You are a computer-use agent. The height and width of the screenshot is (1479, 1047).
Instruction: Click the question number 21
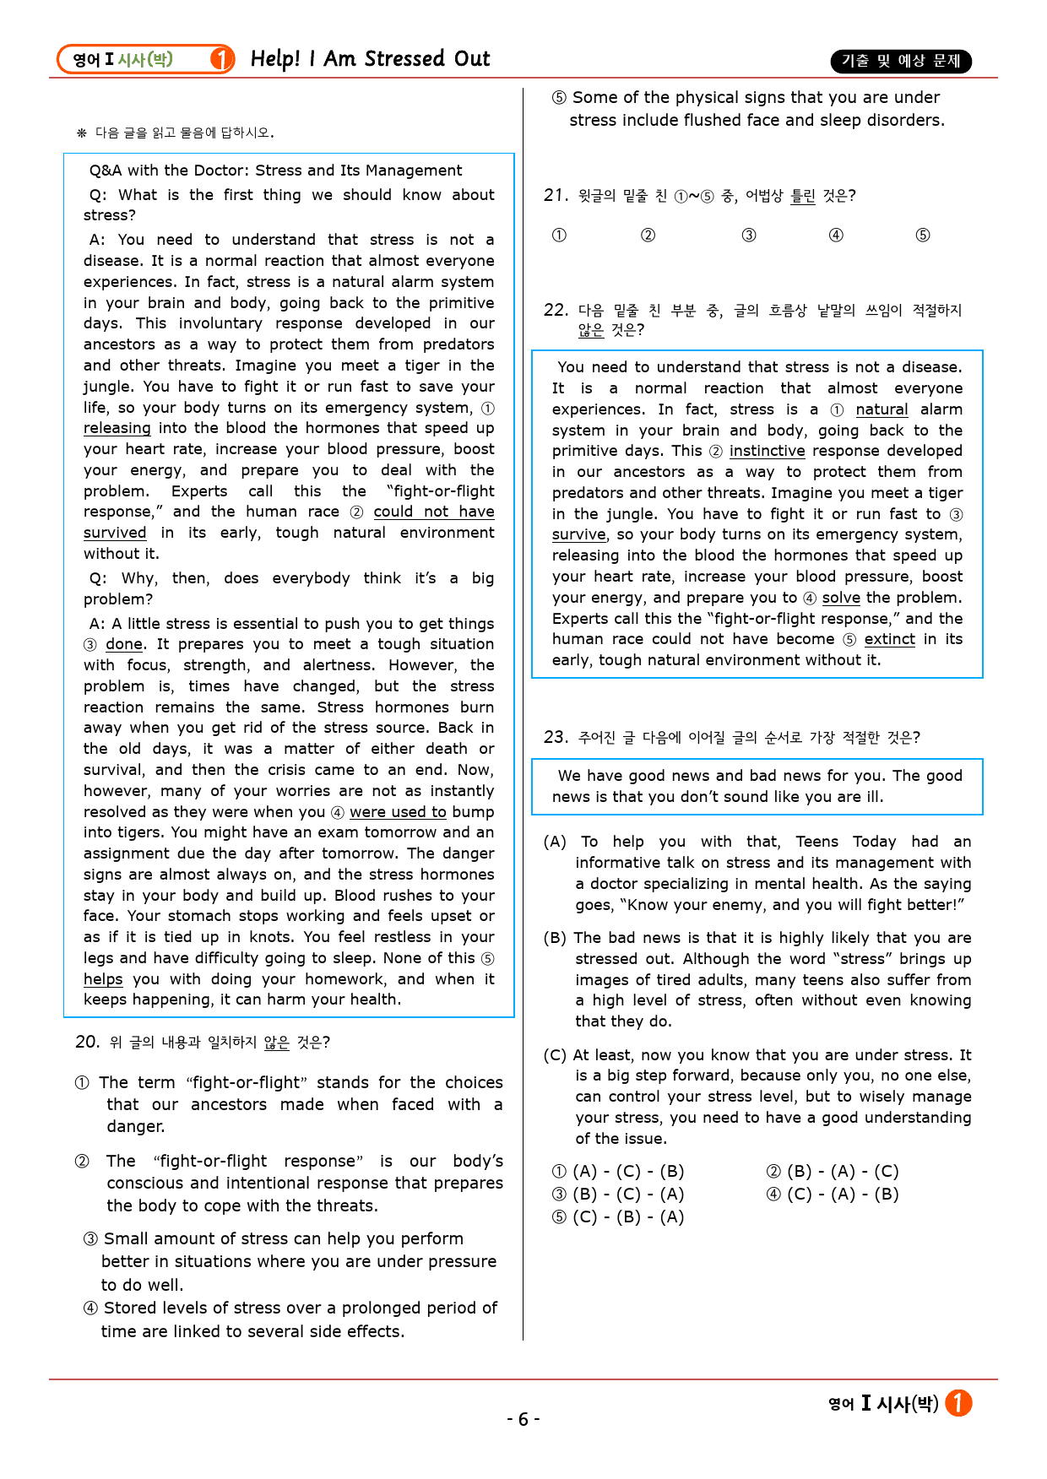555,196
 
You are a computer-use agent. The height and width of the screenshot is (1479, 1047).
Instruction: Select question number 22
555,310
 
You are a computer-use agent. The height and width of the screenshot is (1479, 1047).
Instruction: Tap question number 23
555,737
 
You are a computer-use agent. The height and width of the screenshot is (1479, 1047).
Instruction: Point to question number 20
87,1042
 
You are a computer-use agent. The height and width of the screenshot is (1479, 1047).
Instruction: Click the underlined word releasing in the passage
117,428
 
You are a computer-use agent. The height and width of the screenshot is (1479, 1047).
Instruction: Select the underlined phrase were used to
398,812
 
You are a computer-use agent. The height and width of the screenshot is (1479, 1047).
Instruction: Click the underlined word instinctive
767,451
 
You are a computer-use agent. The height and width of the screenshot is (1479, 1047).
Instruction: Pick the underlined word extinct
889,639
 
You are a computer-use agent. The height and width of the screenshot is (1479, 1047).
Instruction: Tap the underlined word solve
841,598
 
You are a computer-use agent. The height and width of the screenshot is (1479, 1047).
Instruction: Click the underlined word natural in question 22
882,409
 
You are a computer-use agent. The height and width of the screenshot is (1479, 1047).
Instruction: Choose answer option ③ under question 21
749,236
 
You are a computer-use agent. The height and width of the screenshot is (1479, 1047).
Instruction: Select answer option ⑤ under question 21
923,236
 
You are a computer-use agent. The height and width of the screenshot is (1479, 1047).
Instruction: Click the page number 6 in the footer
523,1419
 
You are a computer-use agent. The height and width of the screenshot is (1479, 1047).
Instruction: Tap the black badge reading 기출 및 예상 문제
901,61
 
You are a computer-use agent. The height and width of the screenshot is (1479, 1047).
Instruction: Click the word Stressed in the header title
404,59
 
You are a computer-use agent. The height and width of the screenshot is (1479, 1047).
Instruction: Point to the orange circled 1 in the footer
958,1403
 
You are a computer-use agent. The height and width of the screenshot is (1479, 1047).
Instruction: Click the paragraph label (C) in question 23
555,1055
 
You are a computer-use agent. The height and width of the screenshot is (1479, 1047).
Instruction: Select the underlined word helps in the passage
103,979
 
